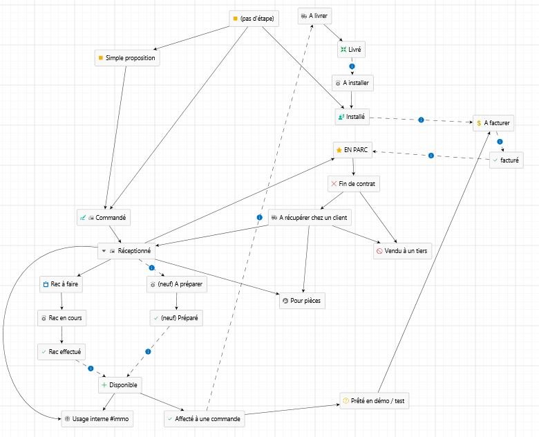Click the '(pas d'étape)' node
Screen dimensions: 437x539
[254, 19]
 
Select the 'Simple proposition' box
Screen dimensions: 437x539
[127, 58]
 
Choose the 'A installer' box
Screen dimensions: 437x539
[352, 82]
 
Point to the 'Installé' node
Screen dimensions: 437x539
[352, 117]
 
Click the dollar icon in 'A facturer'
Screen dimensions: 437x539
[480, 122]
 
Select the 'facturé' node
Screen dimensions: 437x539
[507, 160]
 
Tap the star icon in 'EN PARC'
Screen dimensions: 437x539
[338, 150]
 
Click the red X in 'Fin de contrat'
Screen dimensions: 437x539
[334, 184]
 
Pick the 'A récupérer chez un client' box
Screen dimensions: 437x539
[310, 218]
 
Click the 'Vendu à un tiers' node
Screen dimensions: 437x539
[402, 251]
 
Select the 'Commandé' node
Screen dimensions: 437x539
[104, 217]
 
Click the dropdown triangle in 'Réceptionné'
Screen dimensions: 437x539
[103, 250]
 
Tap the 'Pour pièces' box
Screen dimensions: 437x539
[301, 301]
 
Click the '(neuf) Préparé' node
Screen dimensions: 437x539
[177, 318]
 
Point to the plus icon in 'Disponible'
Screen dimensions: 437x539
[104, 384]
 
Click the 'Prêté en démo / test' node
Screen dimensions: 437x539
[374, 401]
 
